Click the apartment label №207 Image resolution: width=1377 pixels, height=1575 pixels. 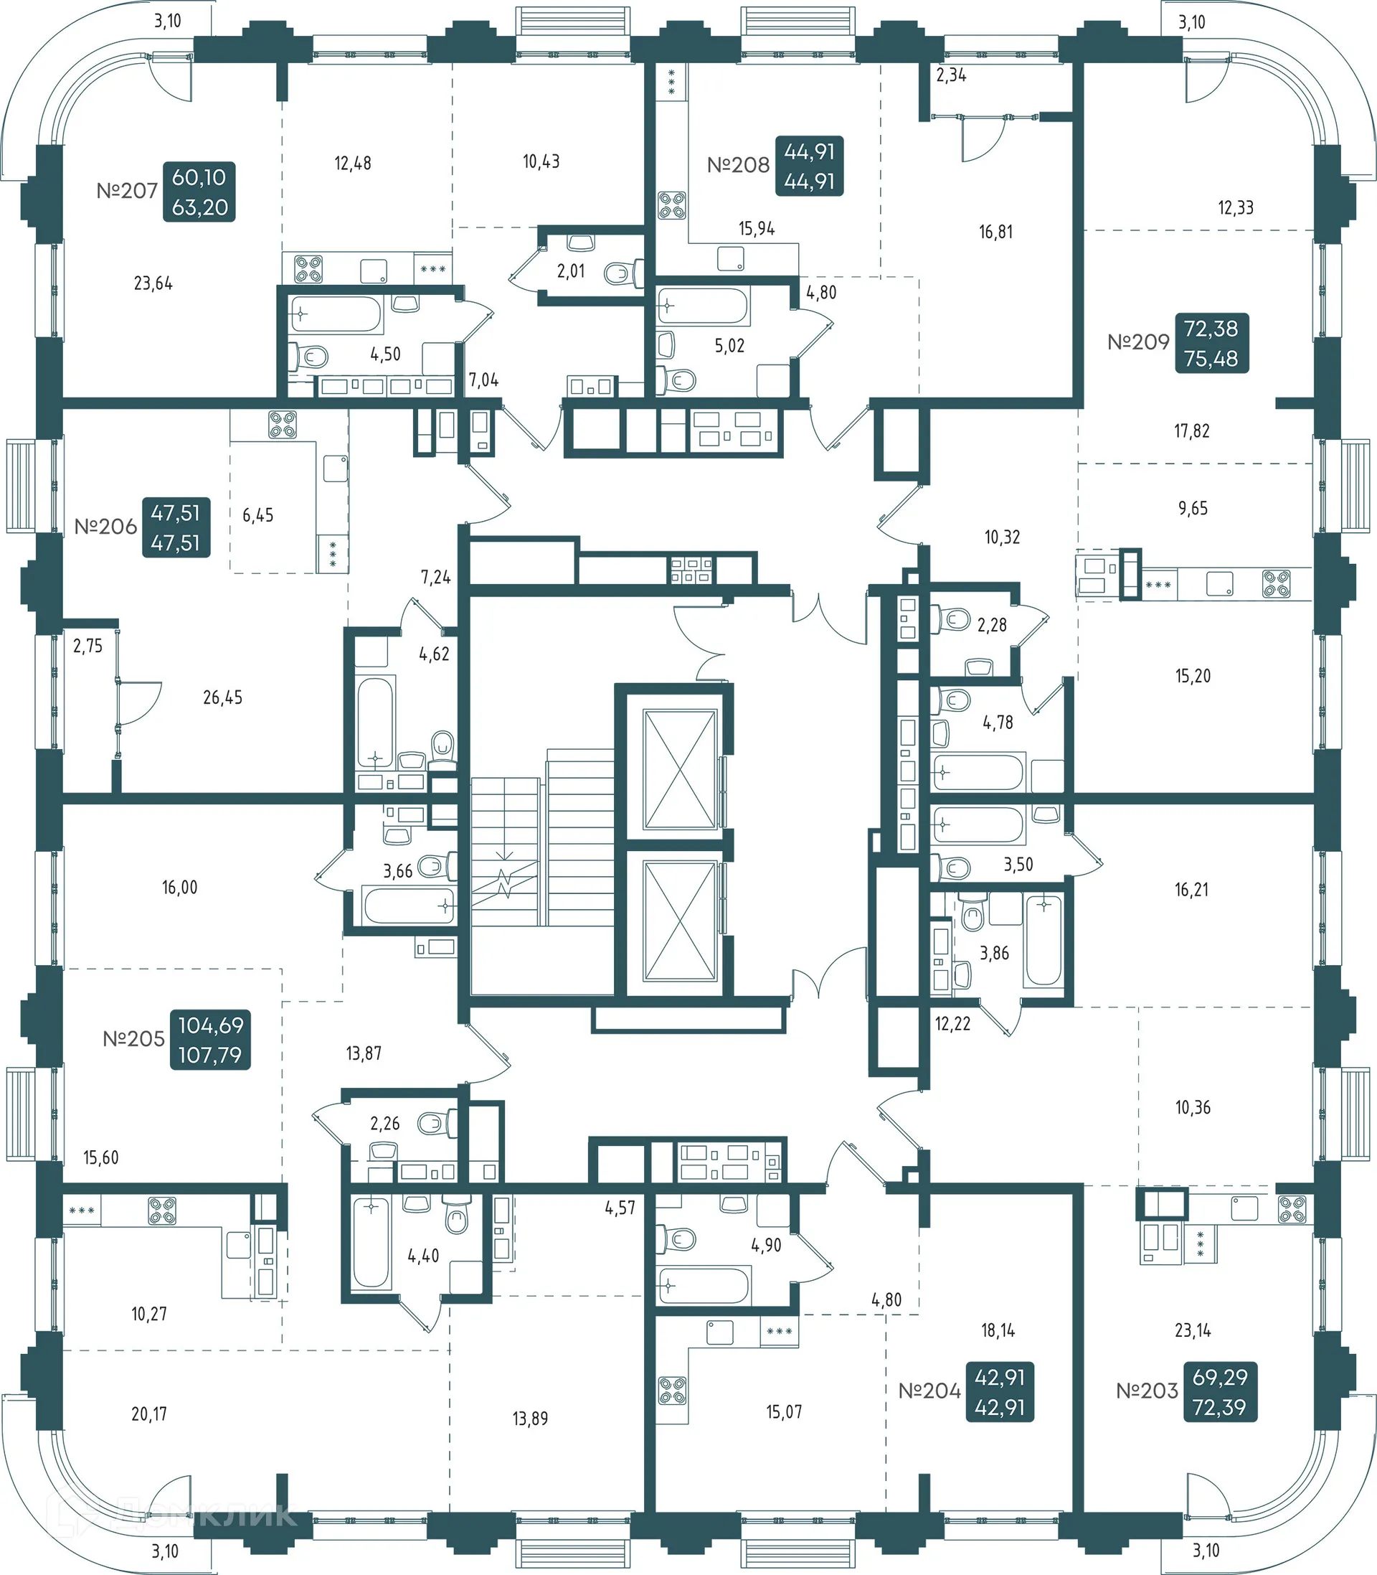[x=127, y=191]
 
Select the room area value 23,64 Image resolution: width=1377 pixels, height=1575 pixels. [x=153, y=283]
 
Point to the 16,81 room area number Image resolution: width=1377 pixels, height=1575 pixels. [x=995, y=232]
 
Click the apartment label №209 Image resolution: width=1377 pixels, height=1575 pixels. [x=1138, y=342]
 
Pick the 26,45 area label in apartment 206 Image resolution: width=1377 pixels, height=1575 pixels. [x=222, y=697]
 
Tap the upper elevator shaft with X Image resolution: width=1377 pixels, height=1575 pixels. [x=680, y=769]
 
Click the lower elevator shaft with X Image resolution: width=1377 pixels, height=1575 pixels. [x=680, y=921]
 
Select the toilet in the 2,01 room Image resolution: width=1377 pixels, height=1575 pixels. [x=624, y=272]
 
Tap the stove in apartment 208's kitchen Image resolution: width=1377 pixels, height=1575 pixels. [x=671, y=205]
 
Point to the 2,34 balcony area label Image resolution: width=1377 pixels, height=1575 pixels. [x=950, y=75]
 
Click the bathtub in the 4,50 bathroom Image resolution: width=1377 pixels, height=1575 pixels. [x=336, y=314]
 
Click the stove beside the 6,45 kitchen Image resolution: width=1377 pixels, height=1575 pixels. [x=282, y=424]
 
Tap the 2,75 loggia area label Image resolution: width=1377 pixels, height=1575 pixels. [x=87, y=646]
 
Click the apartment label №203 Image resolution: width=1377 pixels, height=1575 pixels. [x=1147, y=1391]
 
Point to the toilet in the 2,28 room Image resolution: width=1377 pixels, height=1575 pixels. [x=954, y=619]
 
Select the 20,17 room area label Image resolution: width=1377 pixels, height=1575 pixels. [x=149, y=1414]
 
